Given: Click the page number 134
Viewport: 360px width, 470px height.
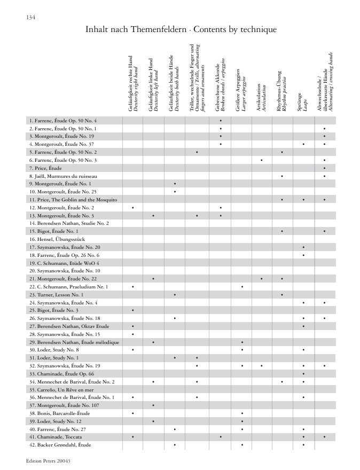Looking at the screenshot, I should pyautogui.click(x=30, y=18).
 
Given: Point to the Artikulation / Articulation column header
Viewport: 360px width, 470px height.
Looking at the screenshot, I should pyautogui.click(x=261, y=96).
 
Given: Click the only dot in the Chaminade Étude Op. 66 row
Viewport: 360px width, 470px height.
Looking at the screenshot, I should pyautogui.click(x=303, y=373).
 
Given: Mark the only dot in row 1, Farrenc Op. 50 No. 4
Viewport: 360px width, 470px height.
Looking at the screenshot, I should pyautogui.click(x=220, y=121).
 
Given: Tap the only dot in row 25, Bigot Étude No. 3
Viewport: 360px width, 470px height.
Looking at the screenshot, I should pyautogui.click(x=132, y=310).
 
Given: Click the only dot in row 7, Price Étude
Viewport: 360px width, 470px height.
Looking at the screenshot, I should pyautogui.click(x=324, y=168).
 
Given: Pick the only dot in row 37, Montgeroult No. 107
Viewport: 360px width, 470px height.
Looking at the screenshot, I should pyautogui.click(x=153, y=405).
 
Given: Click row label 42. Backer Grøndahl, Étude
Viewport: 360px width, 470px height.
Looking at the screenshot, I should pyautogui.click(x=61, y=444).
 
